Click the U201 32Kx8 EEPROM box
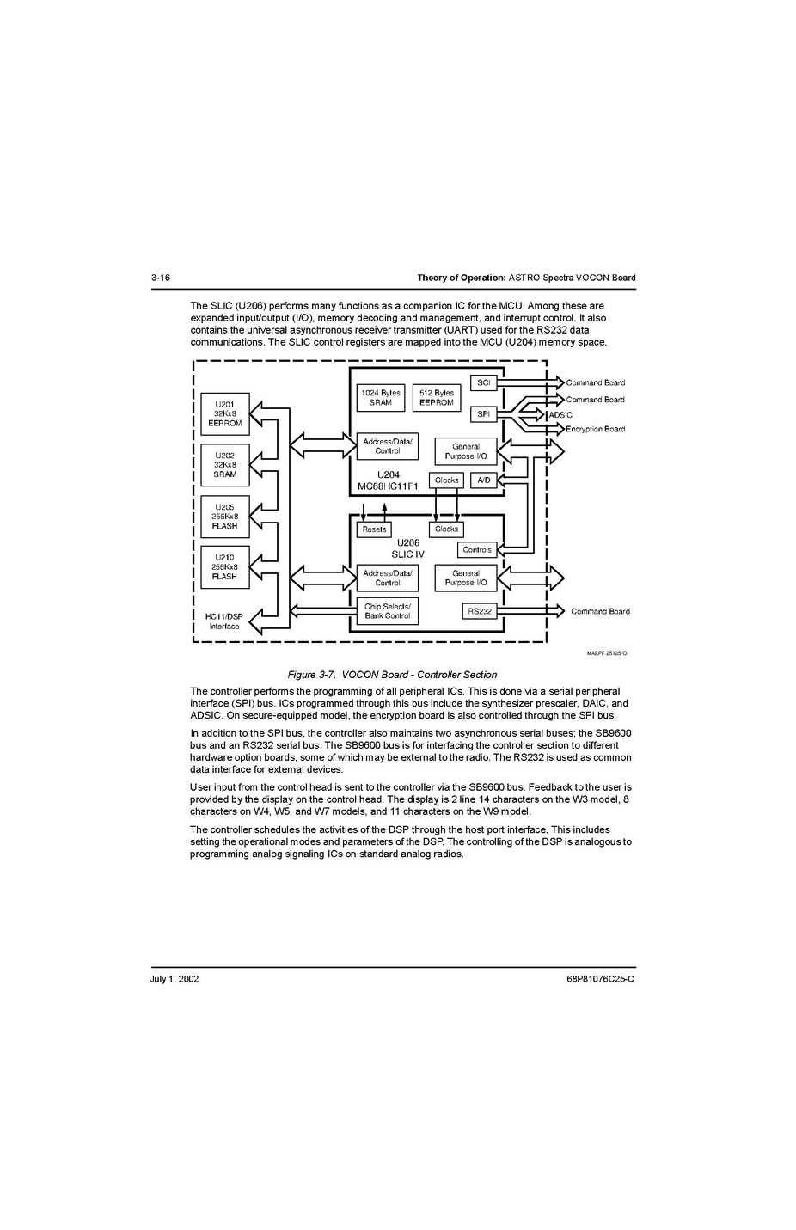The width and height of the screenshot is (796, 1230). pos(224,413)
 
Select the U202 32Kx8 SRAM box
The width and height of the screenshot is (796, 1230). pos(224,465)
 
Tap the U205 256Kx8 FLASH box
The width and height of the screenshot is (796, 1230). pos(224,517)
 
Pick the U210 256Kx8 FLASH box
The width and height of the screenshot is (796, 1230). pos(224,567)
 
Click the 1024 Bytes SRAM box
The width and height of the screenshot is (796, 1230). pos(380,397)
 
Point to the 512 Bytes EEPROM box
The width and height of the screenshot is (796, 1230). pos(436,397)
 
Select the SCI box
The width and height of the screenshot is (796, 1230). pos(483,382)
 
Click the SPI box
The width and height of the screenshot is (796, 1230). pos(483,414)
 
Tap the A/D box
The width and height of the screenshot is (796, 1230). pos(484,480)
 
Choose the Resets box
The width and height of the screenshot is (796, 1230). pos(374,529)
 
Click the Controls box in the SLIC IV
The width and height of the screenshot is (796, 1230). pos(477,549)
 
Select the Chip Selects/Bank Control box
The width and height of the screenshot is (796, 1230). pos(387,611)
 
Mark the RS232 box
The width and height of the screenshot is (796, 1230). pos(480,611)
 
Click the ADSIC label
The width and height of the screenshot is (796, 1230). pos(560,415)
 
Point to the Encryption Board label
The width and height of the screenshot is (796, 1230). pos(595,429)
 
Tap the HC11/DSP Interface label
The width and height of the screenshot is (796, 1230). pos(224,621)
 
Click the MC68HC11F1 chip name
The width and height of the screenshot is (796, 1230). pos(388,486)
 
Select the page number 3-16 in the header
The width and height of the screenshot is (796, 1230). pos(161,278)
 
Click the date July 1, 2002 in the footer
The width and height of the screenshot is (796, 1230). pos(175,978)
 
